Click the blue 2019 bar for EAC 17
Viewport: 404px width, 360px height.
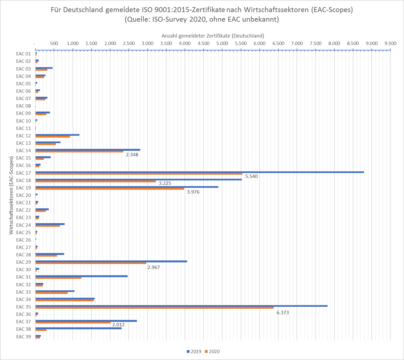[200, 172]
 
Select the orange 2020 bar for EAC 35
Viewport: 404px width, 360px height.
[155, 307]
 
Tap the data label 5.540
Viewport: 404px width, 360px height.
[252, 176]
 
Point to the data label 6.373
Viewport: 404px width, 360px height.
[283, 312]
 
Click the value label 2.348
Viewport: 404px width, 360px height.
[132, 155]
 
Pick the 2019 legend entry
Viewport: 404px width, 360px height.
[194, 351]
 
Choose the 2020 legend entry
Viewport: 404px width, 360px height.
[212, 351]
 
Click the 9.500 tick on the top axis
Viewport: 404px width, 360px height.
[390, 43]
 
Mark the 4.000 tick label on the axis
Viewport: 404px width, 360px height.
[184, 43]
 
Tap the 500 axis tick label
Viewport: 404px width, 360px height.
[54, 43]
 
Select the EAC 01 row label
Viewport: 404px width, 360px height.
[24, 54]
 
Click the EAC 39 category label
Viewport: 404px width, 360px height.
[24, 336]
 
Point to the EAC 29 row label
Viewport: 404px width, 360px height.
[24, 262]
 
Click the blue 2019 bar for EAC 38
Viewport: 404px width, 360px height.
[79, 328]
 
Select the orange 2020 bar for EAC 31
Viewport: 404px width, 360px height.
[58, 278]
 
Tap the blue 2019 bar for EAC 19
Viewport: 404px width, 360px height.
[127, 187]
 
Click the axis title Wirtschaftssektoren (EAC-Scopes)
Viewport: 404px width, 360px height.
[11, 195]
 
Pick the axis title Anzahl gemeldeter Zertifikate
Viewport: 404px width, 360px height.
[213, 35]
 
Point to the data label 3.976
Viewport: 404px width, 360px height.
[193, 192]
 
